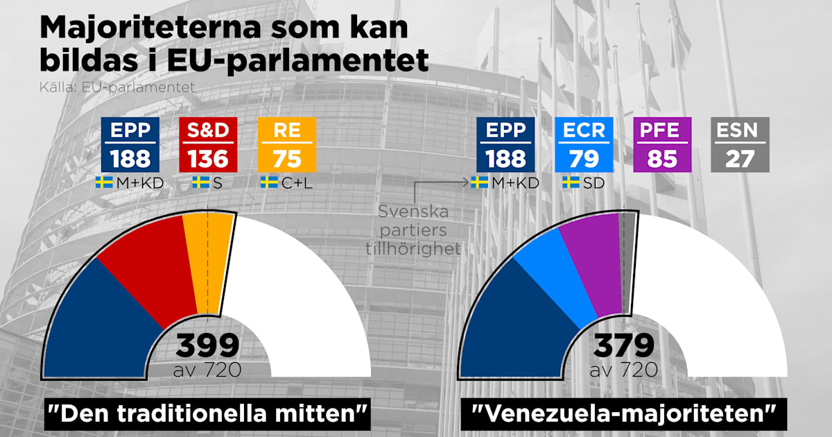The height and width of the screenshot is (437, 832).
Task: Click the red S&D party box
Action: click(x=208, y=144)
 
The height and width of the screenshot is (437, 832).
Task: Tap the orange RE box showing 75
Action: click(x=286, y=144)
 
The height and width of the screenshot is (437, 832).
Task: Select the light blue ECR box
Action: click(x=584, y=144)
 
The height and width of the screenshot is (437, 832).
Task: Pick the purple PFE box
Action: click(x=662, y=144)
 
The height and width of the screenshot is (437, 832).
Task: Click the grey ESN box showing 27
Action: click(x=740, y=144)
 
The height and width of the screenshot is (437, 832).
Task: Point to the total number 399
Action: click(x=208, y=345)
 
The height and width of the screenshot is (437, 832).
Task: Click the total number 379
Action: click(x=624, y=345)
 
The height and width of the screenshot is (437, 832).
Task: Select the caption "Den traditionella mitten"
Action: click(x=206, y=414)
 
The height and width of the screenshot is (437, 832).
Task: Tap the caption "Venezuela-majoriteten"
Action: click(x=622, y=414)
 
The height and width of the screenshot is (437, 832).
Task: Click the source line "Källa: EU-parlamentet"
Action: click(x=117, y=88)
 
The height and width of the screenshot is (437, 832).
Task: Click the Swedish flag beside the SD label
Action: click(x=571, y=182)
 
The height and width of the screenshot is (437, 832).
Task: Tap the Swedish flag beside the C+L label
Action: click(x=269, y=182)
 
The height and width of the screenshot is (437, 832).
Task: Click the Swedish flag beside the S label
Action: click(x=200, y=182)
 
